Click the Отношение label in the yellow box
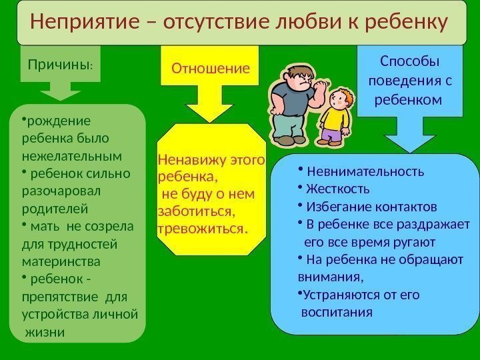point(211,68)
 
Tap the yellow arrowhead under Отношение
point(210,111)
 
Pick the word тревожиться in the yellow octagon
point(200,229)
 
